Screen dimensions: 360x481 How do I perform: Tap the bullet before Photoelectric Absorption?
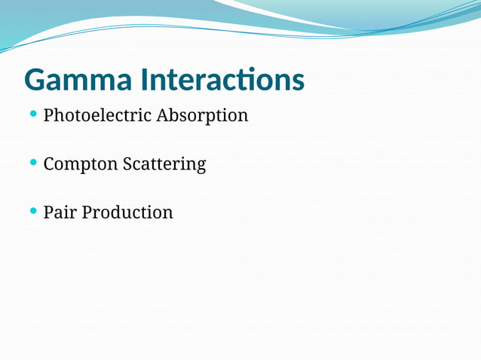[x=32, y=114]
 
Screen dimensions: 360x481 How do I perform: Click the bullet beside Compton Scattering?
[x=32, y=162]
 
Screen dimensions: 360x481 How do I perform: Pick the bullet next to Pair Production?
[x=32, y=210]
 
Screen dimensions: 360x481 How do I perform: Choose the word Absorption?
[x=202, y=116]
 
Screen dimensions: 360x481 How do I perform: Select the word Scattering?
[x=164, y=164]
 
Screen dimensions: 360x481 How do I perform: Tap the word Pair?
[x=60, y=212]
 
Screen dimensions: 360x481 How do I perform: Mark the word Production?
[x=127, y=212]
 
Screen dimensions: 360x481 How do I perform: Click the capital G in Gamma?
[x=35, y=80]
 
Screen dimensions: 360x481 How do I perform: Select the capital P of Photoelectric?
[x=48, y=116]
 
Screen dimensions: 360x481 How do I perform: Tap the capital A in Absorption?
[x=163, y=116]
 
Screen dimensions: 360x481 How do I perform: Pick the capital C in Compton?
[x=49, y=164]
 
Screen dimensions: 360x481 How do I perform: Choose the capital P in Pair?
[x=48, y=212]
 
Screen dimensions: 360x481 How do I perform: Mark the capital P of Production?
[x=87, y=212]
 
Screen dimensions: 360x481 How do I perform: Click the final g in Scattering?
[x=201, y=166]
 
